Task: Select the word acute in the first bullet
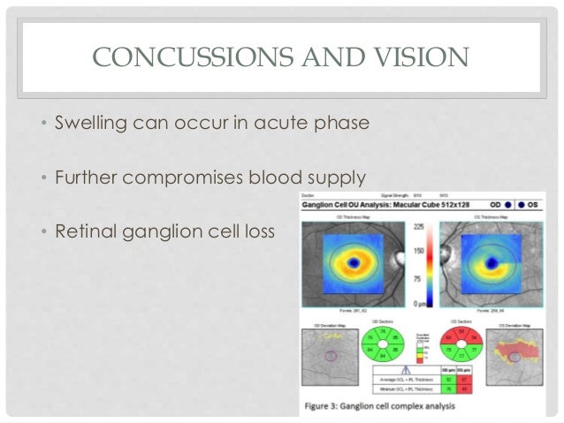[x=284, y=119]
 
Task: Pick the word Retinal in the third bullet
[x=88, y=233]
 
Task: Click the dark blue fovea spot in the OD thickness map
[x=354, y=262]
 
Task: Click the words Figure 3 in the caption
[x=328, y=406]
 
